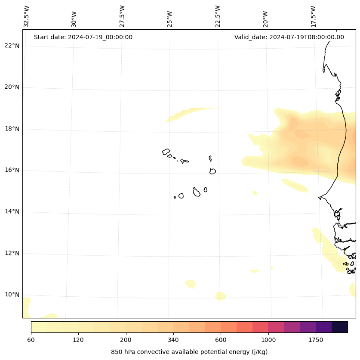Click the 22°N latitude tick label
pos(12,46)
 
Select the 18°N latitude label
pos(12,129)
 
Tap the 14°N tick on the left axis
pos(12,211)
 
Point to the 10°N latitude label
pos(12,295)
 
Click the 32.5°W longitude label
pos(27,16)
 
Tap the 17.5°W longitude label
pos(314,16)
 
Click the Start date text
pos(83,37)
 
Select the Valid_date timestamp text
pos(289,37)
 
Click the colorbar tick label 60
pos(31,340)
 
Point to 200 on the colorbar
pos(126,340)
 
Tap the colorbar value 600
pos(221,340)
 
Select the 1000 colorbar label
pos(268,340)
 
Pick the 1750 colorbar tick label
pos(316,340)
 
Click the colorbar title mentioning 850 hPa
pos(189,352)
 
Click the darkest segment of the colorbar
pos(340,327)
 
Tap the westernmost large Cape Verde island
pos(166,152)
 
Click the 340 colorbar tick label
pos(173,340)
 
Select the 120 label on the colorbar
pos(78,340)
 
